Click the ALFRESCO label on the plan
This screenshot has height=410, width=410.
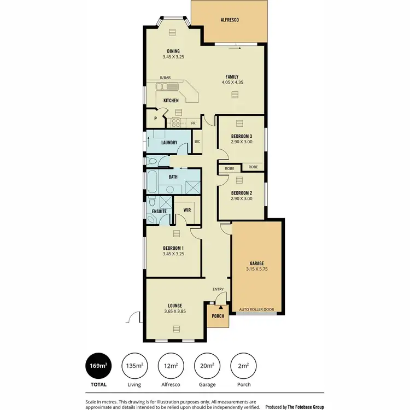point(230,20)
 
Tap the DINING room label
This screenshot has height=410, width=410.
point(173,51)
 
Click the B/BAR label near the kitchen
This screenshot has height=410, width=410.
point(165,78)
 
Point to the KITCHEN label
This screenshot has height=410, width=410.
point(171,101)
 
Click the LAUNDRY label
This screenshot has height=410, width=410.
point(169,143)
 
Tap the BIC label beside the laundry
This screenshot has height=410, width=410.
point(197,142)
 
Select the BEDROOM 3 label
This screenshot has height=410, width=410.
point(241,136)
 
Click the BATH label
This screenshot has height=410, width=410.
point(173,177)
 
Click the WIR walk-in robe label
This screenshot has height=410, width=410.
point(186,210)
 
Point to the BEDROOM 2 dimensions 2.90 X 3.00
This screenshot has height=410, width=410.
point(241,199)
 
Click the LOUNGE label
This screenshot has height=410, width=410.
point(175,306)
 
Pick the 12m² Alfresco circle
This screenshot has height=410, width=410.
point(171,366)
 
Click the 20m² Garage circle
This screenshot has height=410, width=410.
point(207,366)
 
